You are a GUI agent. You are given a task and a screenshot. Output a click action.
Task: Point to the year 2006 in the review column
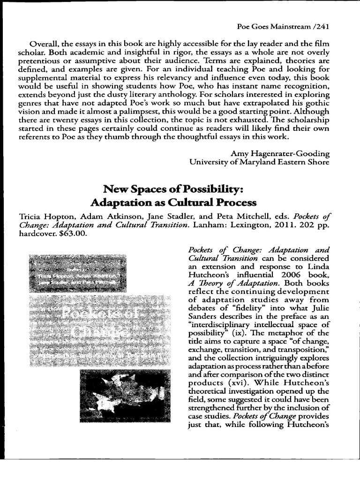click(x=291, y=275)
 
